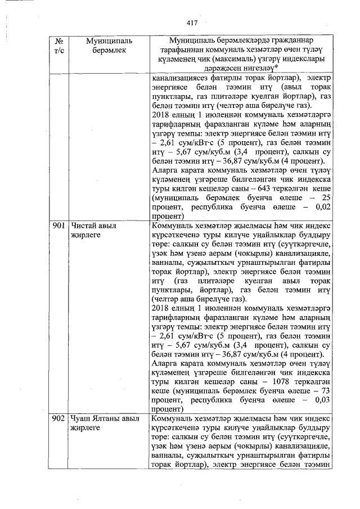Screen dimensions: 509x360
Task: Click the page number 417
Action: coord(192,23)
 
